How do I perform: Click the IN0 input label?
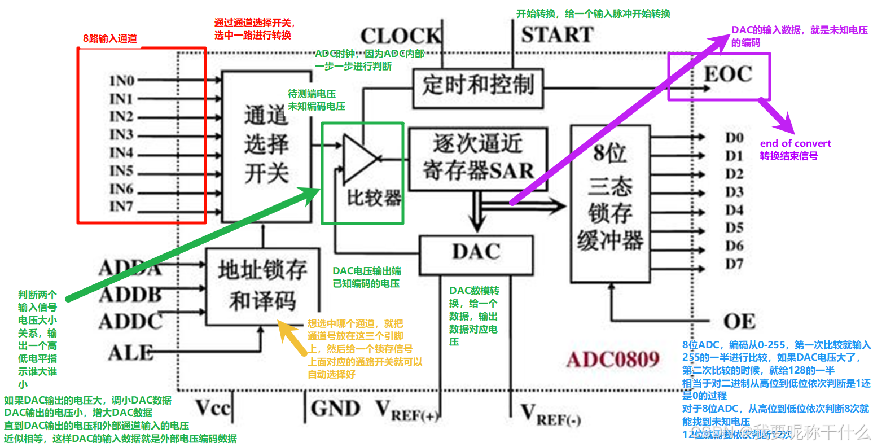[x=121, y=81]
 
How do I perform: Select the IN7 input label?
[x=121, y=207]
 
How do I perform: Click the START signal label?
[x=557, y=35]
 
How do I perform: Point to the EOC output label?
[x=728, y=74]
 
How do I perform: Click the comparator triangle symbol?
[x=359, y=158]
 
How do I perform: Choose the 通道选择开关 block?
[x=266, y=146]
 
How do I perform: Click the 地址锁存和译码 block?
[x=262, y=286]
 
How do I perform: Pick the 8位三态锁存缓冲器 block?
[x=609, y=203]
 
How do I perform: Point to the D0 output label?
[x=734, y=138]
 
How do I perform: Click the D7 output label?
[x=734, y=264]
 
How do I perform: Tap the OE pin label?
[x=739, y=322]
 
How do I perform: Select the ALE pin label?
[x=131, y=353]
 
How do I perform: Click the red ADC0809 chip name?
[x=613, y=360]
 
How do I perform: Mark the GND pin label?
[x=335, y=408]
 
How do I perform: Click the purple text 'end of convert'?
[x=795, y=143]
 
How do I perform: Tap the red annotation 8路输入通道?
[x=110, y=38]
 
